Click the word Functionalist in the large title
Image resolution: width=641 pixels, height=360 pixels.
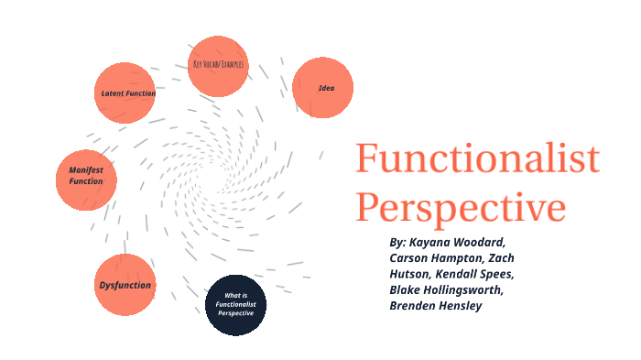[477, 161]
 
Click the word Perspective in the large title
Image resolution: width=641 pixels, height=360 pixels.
[461, 207]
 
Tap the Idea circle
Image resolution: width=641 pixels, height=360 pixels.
[323, 88]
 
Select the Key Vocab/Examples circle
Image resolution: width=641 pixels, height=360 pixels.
[218, 65]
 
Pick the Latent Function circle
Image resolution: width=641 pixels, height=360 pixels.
[127, 93]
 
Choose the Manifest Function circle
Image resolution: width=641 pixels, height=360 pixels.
[86, 176]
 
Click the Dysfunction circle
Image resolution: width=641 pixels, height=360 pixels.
[125, 285]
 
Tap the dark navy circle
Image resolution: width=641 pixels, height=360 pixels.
[234, 305]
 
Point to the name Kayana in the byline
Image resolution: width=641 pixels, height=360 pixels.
[429, 242]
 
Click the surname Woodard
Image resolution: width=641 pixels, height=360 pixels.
[478, 242]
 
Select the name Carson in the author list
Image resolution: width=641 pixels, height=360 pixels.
[412, 258]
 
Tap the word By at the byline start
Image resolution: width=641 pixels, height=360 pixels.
[398, 242]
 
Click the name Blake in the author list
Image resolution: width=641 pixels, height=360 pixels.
[407, 289]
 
